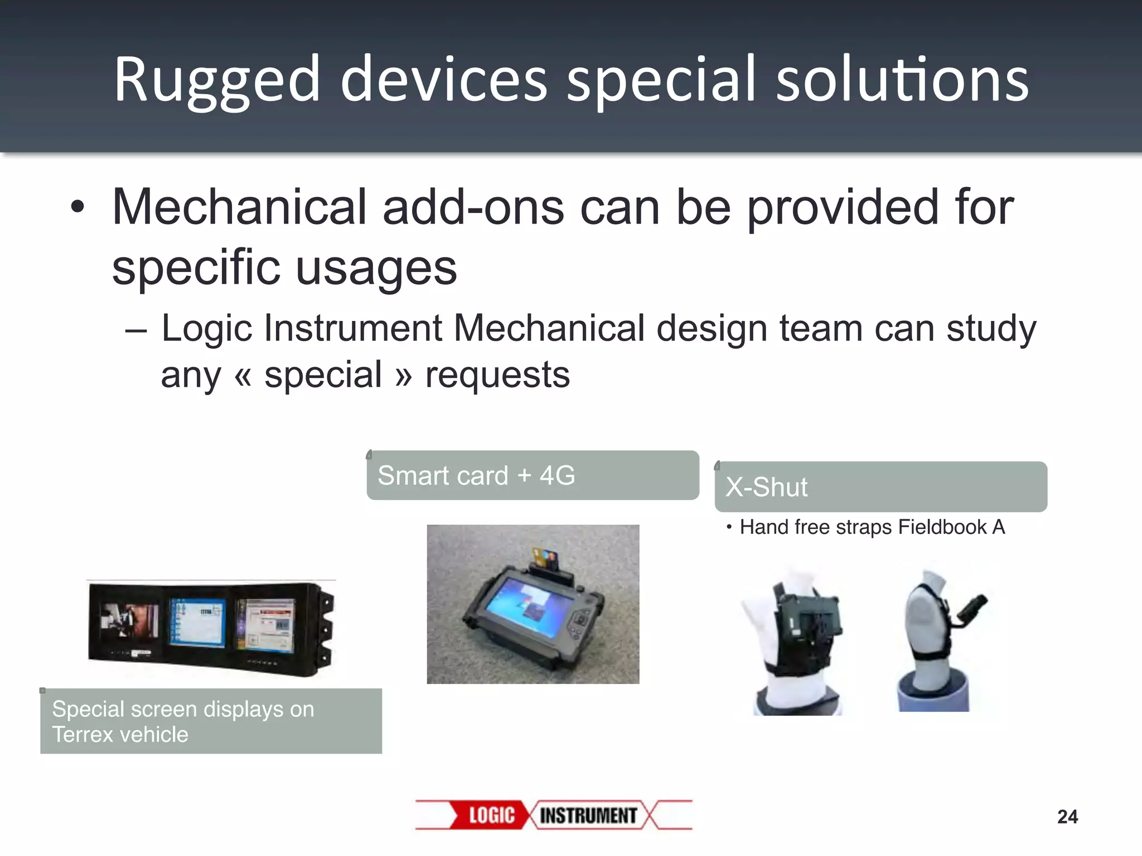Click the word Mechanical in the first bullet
pos(239,208)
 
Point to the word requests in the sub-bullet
pos(497,374)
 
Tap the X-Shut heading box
pos(880,487)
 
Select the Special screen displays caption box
pos(211,721)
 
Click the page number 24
pos(1067,817)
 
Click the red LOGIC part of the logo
pos(491,815)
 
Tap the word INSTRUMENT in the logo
pos(588,815)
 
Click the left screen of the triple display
pos(129,621)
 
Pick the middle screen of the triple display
pos(198,623)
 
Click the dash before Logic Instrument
pos(136,330)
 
